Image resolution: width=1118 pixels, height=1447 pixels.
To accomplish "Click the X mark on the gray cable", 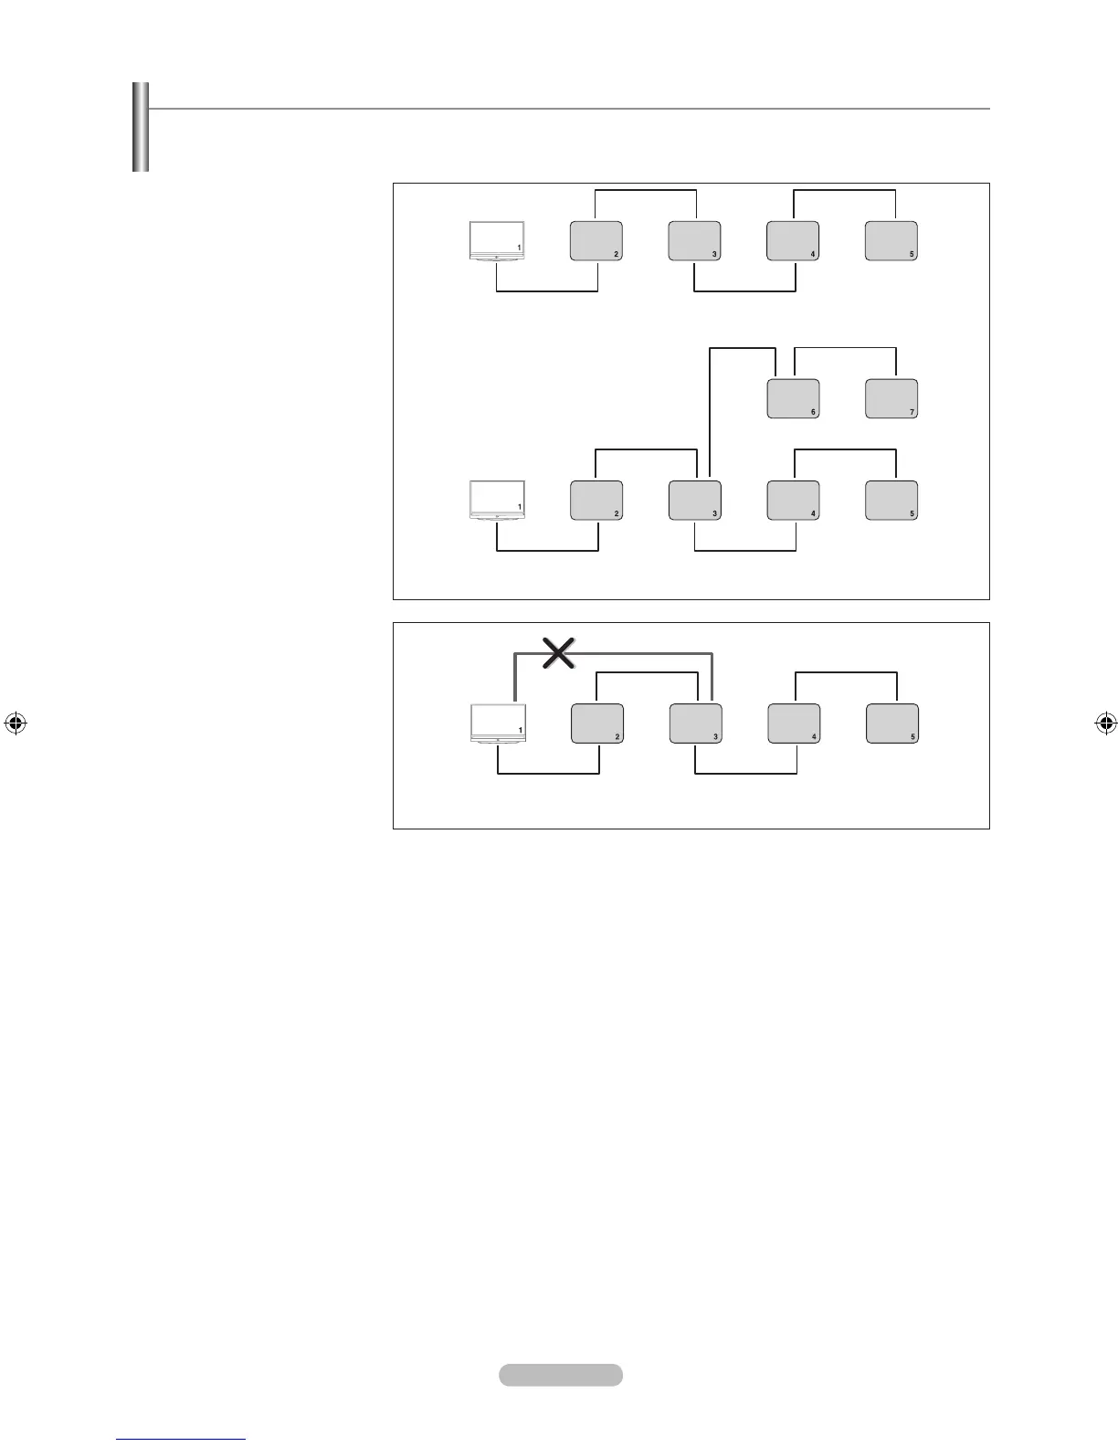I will click(559, 653).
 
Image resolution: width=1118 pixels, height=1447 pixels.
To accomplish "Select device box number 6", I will click(793, 398).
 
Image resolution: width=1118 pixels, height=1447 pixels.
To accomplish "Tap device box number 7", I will click(891, 398).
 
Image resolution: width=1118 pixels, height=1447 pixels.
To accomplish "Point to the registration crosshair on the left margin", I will click(14, 723).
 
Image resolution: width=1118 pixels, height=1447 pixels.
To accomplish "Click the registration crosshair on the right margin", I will click(1105, 723).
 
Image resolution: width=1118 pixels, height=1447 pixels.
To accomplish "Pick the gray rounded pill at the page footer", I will click(561, 1375).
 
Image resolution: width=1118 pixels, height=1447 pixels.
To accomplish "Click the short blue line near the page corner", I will click(182, 1439).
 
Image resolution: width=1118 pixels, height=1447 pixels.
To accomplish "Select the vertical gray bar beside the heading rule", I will click(140, 127).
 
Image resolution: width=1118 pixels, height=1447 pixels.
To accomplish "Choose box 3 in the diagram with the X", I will click(695, 723).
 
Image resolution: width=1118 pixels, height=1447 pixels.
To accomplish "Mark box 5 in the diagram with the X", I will click(892, 723).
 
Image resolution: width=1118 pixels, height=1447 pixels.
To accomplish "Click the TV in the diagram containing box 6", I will click(497, 501).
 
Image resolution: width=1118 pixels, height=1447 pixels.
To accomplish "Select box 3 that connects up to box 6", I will click(694, 501).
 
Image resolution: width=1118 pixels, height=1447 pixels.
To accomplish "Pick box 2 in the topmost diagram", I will click(596, 241).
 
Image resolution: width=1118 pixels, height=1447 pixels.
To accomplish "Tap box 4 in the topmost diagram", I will click(793, 241).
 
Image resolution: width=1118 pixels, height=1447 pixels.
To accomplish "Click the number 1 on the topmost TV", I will click(519, 248).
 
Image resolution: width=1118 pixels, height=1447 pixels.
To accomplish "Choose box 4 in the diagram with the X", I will click(794, 723).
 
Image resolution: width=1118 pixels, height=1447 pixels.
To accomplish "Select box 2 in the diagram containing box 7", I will click(596, 501).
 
